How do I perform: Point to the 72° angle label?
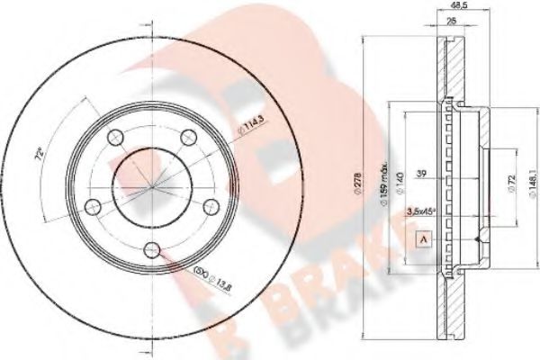point(38,154)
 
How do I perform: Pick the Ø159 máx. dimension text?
point(382,181)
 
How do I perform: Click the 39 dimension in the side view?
point(423,175)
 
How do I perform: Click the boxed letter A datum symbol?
point(421,239)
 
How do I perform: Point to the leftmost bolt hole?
point(93,206)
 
